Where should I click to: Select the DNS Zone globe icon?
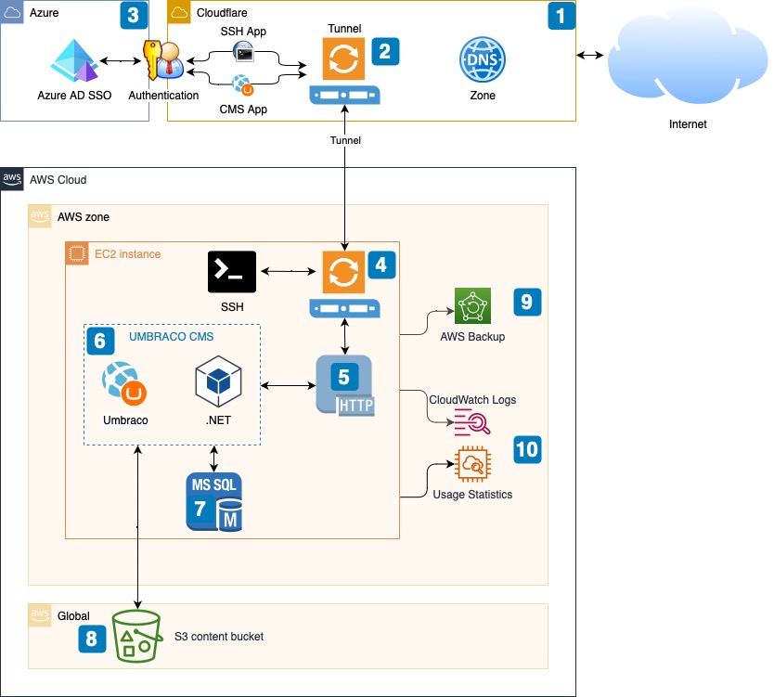tap(483, 62)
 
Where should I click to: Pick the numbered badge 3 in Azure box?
tap(134, 16)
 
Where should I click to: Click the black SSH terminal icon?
tap(231, 272)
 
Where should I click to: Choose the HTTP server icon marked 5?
tap(344, 384)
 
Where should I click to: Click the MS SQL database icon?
tap(214, 502)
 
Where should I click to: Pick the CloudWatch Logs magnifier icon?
tap(472, 422)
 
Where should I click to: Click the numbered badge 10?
tap(526, 449)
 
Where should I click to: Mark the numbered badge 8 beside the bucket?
tap(92, 638)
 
